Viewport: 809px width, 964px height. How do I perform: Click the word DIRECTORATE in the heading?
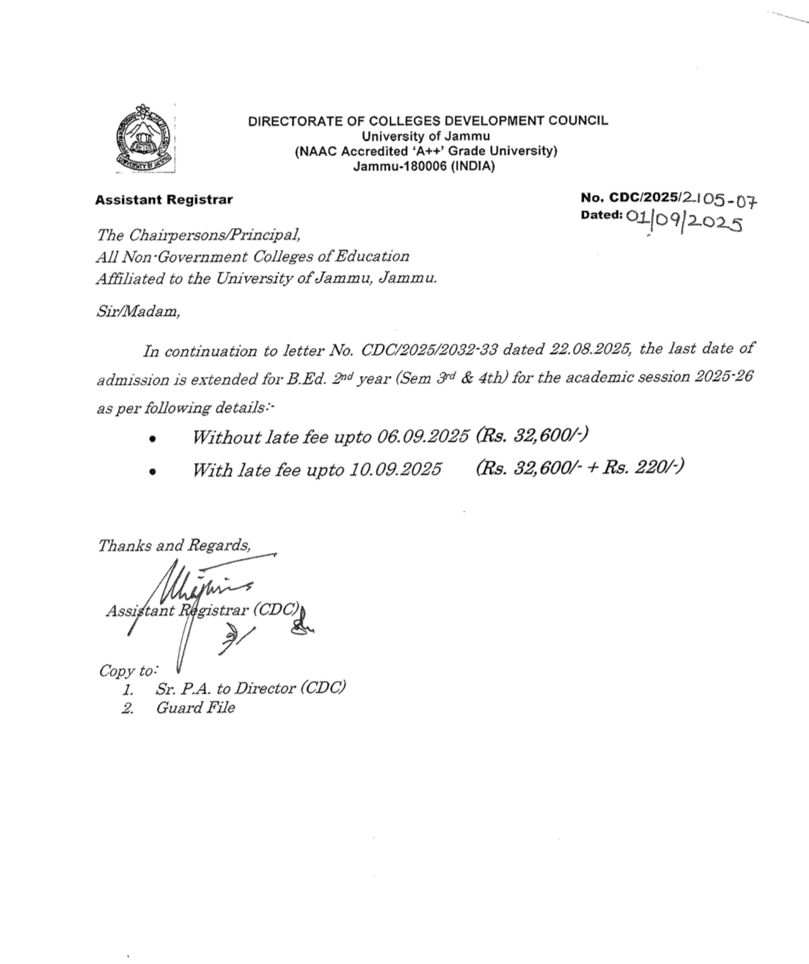point(290,121)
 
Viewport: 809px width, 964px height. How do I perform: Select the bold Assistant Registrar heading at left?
point(164,199)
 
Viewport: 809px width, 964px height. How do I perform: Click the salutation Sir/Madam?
point(138,311)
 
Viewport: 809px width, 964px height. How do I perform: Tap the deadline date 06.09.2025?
point(423,437)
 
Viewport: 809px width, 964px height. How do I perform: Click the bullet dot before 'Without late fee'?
point(152,440)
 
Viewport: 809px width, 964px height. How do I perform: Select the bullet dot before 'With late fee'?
point(152,472)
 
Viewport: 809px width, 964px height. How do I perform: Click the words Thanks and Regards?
point(174,545)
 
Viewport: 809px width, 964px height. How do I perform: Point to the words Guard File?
point(195,707)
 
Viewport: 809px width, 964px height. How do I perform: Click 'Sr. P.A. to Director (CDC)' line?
point(250,688)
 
